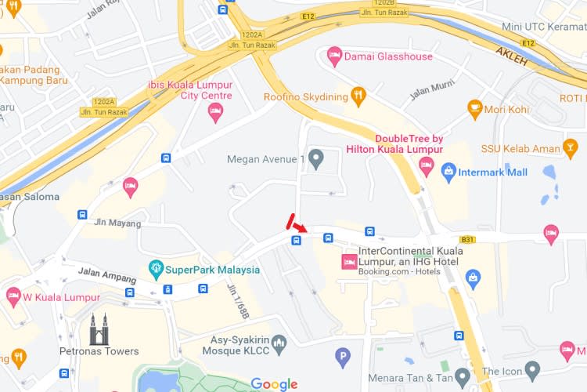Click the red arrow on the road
pos(301,227)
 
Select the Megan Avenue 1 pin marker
pos(316,159)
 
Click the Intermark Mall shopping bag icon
pos(448,172)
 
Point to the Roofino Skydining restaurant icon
pos(358,96)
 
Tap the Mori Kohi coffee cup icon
pos(474,108)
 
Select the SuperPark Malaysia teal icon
pos(156,270)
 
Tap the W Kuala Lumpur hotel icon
pos(13,297)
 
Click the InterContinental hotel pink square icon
pos(348,261)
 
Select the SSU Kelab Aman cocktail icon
pos(571,147)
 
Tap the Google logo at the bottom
pos(274,384)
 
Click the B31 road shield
pos(468,239)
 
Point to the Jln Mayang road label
pos(117,223)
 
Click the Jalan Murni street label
pos(431,92)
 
